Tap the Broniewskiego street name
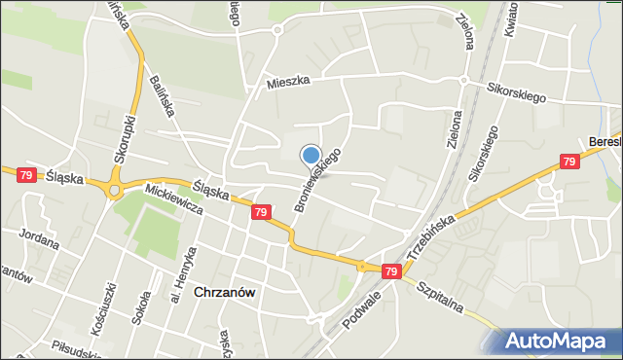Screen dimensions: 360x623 pyautogui.click(x=317, y=181)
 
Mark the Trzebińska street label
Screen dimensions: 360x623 pyautogui.click(x=431, y=234)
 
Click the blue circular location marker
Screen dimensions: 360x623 pyautogui.click(x=311, y=154)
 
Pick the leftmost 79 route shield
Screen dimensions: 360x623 pyautogui.click(x=26, y=175)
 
